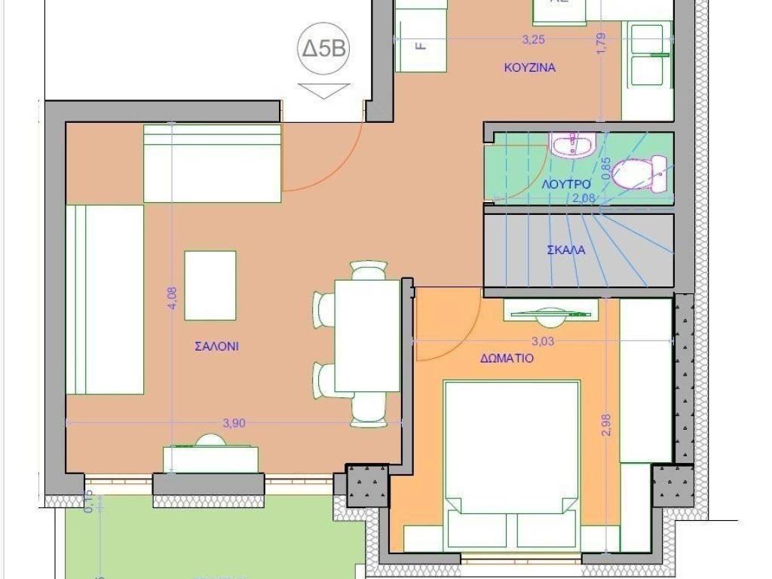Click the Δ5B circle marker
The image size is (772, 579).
[324, 50]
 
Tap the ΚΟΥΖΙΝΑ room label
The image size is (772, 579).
[529, 67]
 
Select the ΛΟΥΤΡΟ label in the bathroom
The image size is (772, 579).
[565, 183]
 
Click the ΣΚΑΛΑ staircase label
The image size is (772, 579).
[566, 250]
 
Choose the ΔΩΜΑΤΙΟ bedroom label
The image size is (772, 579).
[507, 358]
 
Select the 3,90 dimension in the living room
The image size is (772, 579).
[234, 423]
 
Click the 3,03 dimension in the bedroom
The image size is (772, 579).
[544, 341]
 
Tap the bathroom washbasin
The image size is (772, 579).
[573, 146]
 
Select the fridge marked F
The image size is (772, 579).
[421, 45]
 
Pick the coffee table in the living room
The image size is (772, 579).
[210, 285]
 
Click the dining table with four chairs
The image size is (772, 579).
[366, 335]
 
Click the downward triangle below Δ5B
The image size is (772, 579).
[324, 90]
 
